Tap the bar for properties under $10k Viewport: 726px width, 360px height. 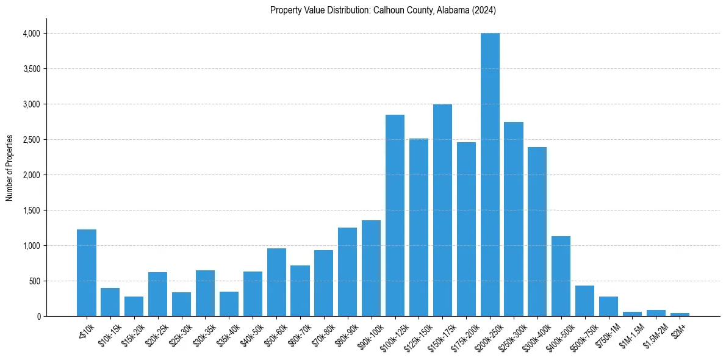click(87, 273)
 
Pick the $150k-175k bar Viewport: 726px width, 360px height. click(442, 211)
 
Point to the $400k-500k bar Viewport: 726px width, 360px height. click(561, 276)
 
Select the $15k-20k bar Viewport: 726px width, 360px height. click(134, 306)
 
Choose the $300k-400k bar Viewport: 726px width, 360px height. click(537, 232)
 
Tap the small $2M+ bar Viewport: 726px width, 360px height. click(680, 314)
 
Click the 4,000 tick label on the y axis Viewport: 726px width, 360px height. click(31, 34)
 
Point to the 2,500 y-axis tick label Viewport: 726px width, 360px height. click(31, 140)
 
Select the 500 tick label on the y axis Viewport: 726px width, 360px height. click(34, 281)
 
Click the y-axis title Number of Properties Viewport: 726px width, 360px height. click(10, 168)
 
